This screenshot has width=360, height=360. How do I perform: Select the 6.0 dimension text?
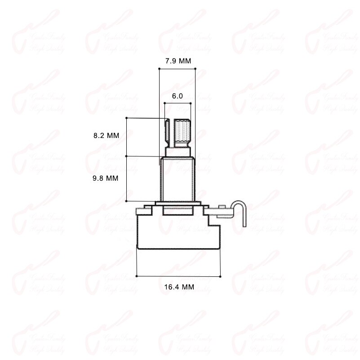point(178,96)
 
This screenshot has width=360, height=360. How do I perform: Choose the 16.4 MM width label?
point(179,287)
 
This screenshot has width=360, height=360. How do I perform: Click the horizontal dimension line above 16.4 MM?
point(178,276)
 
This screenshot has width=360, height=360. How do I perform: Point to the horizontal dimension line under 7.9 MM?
point(178,69)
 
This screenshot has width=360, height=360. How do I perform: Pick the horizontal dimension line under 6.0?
point(178,103)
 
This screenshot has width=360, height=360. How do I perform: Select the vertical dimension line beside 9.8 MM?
point(127,178)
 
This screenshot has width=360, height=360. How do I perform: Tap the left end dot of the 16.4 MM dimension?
point(137,276)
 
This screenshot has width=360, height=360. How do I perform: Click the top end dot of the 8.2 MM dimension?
point(127,118)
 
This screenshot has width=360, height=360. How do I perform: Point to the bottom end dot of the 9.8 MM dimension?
point(127,201)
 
